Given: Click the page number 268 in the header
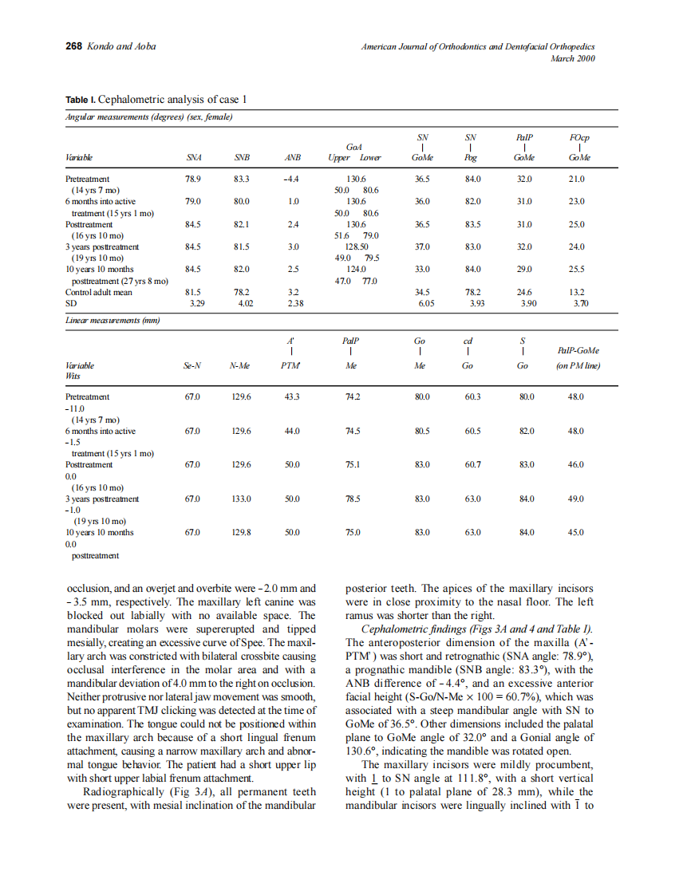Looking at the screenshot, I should click(73, 46).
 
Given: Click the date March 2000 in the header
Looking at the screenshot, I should click(574, 58).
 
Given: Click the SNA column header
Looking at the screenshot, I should click(192, 158).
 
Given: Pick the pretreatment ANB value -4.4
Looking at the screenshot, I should click(291, 179).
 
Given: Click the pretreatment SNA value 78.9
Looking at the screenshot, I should click(192, 179).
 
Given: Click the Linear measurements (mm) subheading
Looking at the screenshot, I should click(113, 321).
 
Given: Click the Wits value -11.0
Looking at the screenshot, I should click(76, 408).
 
